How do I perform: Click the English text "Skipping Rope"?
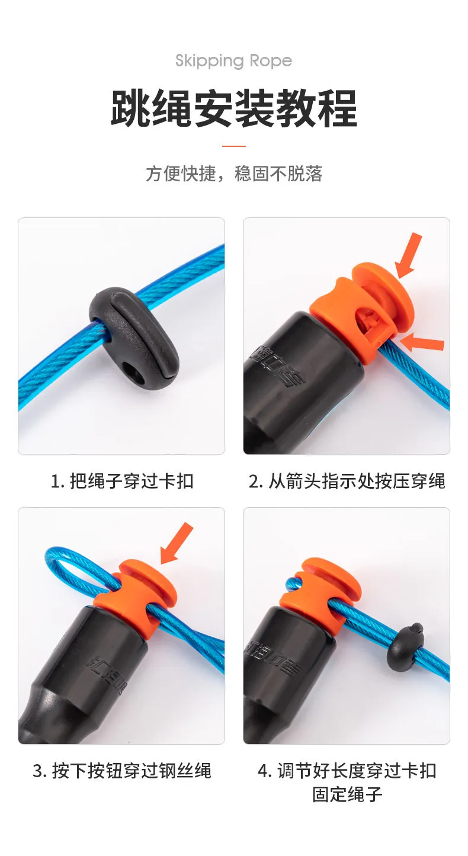click(x=233, y=62)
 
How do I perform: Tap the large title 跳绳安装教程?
click(x=234, y=108)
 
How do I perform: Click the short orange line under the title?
click(x=234, y=146)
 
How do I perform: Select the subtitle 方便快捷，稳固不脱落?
click(x=234, y=174)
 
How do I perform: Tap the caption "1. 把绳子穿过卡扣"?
click(x=122, y=481)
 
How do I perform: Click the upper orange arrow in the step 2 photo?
click(x=408, y=255)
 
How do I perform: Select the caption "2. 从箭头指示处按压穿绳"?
click(x=347, y=481)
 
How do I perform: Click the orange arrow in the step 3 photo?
click(x=177, y=543)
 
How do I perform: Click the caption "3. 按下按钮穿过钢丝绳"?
click(x=122, y=770)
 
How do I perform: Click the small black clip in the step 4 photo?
click(x=406, y=646)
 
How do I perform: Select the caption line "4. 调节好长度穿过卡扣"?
click(x=347, y=770)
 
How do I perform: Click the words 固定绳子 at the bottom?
click(x=347, y=794)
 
